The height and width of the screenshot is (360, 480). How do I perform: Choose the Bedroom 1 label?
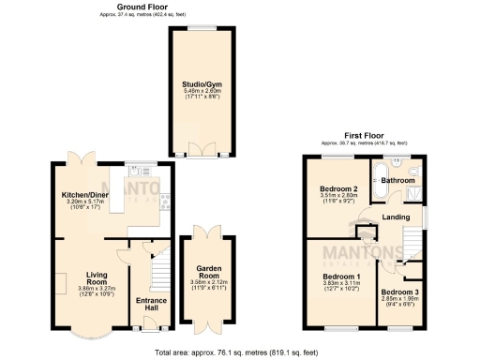coord(341,277)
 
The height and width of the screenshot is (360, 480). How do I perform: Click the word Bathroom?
coord(397,180)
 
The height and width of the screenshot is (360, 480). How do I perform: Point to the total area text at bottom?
coord(240,352)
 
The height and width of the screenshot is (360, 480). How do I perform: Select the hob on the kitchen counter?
coord(165,198)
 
